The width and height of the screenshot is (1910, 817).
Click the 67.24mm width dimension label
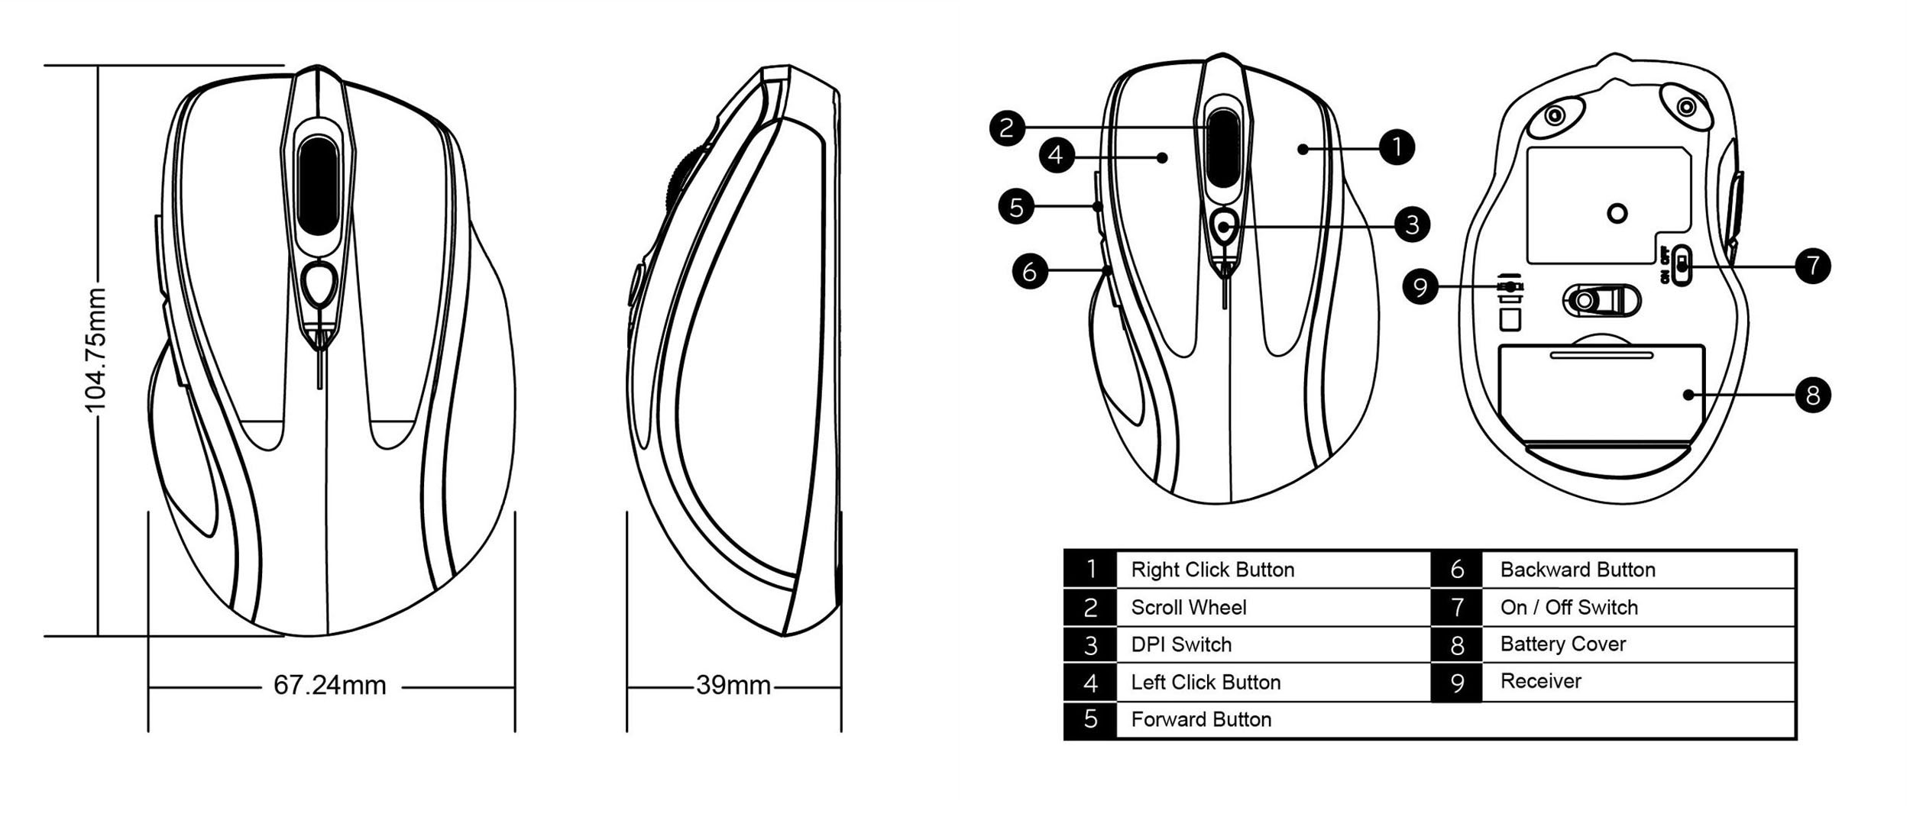tap(330, 686)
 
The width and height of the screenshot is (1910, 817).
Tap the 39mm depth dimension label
tap(733, 686)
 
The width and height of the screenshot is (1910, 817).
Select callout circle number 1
tap(1397, 147)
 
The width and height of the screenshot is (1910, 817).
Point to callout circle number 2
tap(1007, 127)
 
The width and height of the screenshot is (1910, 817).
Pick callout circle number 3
tap(1412, 224)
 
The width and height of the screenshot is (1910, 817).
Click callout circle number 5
tap(1017, 207)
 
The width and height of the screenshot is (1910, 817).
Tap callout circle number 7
tap(1812, 266)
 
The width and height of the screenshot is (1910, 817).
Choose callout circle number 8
tap(1812, 395)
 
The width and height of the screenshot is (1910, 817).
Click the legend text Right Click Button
tap(1212, 570)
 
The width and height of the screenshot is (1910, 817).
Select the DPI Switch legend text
tap(1181, 644)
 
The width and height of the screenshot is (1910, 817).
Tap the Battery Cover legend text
tap(1562, 644)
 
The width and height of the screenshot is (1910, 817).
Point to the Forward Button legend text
tap(1201, 719)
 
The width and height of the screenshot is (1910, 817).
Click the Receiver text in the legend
tap(1540, 681)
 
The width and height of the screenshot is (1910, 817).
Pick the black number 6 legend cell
tap(1457, 570)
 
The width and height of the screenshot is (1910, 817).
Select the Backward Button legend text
tap(1578, 570)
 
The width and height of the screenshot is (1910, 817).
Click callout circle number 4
tap(1056, 156)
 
